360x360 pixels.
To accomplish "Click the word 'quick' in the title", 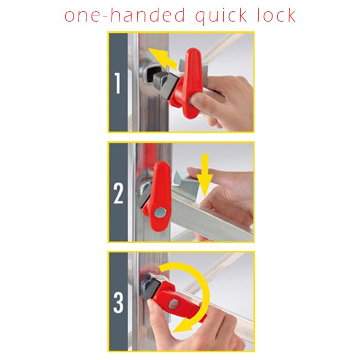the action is pos(221,16).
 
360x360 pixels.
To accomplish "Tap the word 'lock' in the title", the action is pos(276,15).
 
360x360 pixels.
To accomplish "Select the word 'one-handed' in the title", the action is pos(124,15).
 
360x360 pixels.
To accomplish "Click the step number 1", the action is pos(118,83).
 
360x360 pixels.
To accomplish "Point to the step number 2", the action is pos(118,193).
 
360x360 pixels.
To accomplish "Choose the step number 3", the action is pos(118,302).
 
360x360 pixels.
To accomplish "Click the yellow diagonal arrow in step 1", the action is pos(162,59).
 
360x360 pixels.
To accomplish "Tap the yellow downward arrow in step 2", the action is pos(205,175).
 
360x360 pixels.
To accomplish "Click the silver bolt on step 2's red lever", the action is pos(160,212).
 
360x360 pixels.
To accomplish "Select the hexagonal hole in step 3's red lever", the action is pos(174,304).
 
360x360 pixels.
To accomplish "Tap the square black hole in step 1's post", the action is pos(152,74).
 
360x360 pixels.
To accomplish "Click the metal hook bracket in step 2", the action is pos(186,184).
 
